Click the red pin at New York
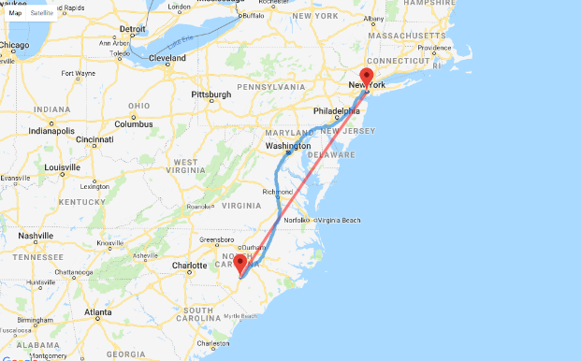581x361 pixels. point(367,77)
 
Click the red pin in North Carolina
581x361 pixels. point(240,263)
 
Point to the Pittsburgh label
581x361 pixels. point(211,94)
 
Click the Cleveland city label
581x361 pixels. point(167,57)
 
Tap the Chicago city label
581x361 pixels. point(17,44)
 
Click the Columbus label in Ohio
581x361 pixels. point(134,123)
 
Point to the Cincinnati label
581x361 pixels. point(94,140)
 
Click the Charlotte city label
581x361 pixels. point(188,265)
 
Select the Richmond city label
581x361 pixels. point(277,192)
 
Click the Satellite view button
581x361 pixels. point(41,13)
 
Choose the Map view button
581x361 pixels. point(15,13)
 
